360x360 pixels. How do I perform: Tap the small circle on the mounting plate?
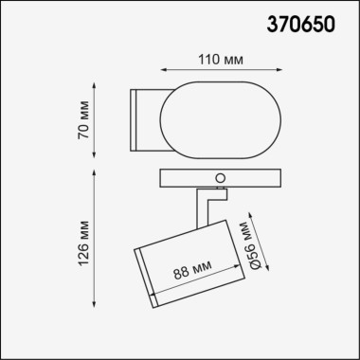222,176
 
